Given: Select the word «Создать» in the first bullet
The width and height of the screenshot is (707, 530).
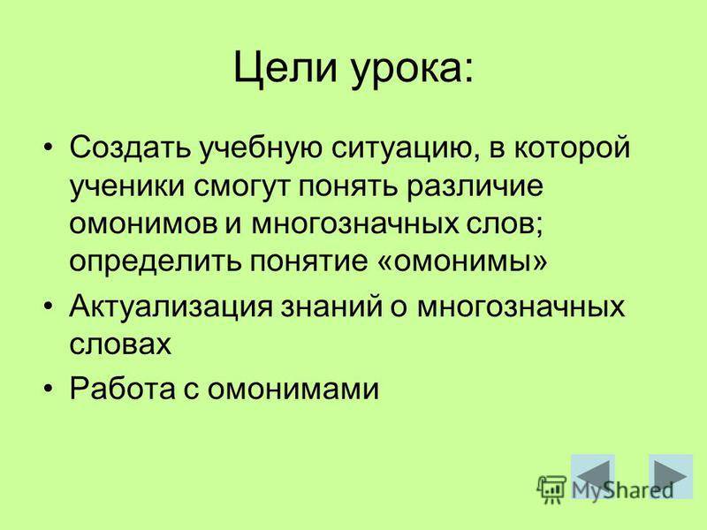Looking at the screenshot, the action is (x=130, y=147).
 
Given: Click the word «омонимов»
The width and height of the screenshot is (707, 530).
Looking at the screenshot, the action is (x=143, y=225).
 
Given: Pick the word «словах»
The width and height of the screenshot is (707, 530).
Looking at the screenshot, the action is (x=120, y=344).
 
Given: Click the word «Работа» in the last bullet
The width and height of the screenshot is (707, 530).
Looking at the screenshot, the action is (x=122, y=388).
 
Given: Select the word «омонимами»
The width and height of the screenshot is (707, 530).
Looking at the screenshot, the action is (x=293, y=389).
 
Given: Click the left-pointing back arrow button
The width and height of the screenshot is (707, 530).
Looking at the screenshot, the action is (x=593, y=476).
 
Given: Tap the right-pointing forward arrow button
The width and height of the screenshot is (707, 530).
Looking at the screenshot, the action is (x=671, y=476).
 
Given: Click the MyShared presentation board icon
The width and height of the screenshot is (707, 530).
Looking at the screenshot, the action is (x=551, y=489).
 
